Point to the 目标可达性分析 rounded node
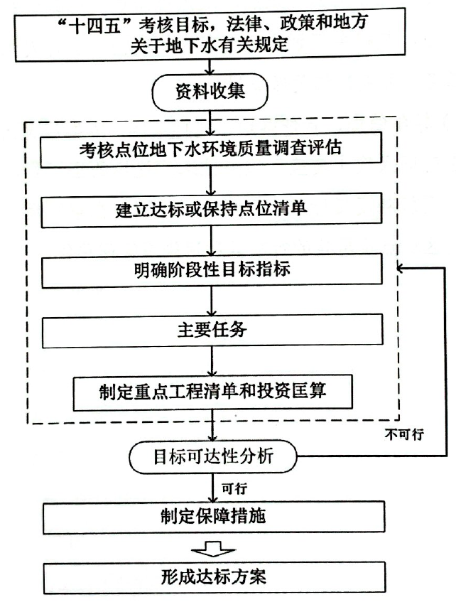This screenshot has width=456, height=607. coord(212,457)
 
